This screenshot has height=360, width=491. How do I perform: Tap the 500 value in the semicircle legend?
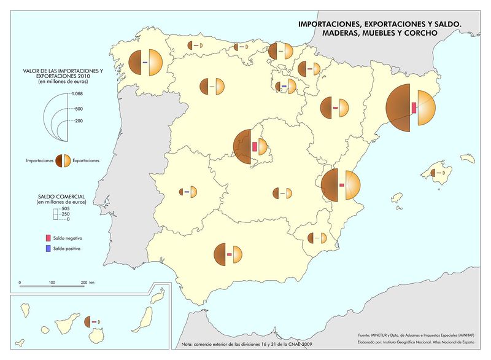(x=78, y=109)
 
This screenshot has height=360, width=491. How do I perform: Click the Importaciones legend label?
(x=39, y=160)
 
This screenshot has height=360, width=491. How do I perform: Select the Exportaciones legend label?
(x=87, y=160)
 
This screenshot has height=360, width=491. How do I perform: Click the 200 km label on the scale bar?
(x=88, y=282)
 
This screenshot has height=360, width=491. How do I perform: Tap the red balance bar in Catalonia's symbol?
(x=414, y=108)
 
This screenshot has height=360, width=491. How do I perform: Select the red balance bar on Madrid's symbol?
(x=255, y=147)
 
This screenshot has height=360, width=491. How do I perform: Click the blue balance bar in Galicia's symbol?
(x=145, y=63)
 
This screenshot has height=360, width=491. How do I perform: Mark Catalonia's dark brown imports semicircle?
(x=399, y=108)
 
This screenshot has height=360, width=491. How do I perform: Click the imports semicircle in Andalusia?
(x=220, y=254)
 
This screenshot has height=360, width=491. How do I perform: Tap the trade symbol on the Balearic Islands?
(x=439, y=174)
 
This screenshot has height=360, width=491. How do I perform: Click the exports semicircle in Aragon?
(x=342, y=108)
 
